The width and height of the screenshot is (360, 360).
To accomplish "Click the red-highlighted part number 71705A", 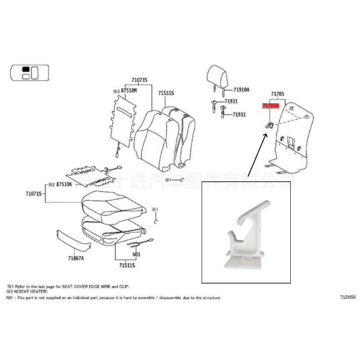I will (271, 106).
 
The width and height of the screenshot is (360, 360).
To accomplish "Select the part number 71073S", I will (139, 80).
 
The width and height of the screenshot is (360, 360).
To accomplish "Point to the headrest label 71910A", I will (241, 90).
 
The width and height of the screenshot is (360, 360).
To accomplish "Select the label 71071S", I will (34, 193).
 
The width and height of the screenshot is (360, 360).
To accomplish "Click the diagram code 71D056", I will (348, 297).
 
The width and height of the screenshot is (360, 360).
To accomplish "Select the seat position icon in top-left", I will (29, 72).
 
